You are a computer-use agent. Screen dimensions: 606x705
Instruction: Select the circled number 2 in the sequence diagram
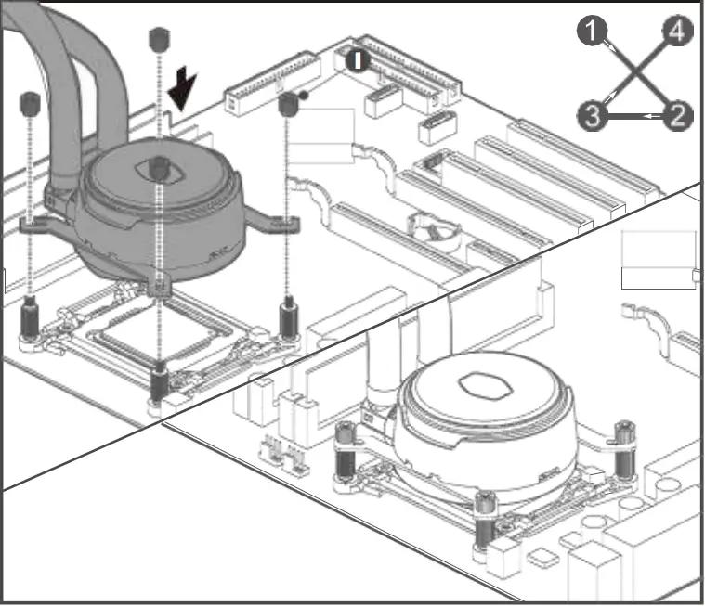(x=678, y=115)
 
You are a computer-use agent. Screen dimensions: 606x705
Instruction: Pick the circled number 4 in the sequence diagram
(x=676, y=33)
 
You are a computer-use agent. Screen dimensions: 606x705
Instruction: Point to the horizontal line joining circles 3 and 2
(x=633, y=116)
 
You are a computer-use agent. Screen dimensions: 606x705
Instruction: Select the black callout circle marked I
(x=358, y=61)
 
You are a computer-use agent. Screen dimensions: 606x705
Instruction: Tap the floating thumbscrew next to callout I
(x=288, y=104)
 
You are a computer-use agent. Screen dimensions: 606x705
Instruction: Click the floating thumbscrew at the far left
(x=29, y=103)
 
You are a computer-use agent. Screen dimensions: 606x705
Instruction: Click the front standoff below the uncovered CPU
(x=160, y=383)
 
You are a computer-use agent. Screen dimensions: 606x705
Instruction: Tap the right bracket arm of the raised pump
(x=280, y=223)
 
